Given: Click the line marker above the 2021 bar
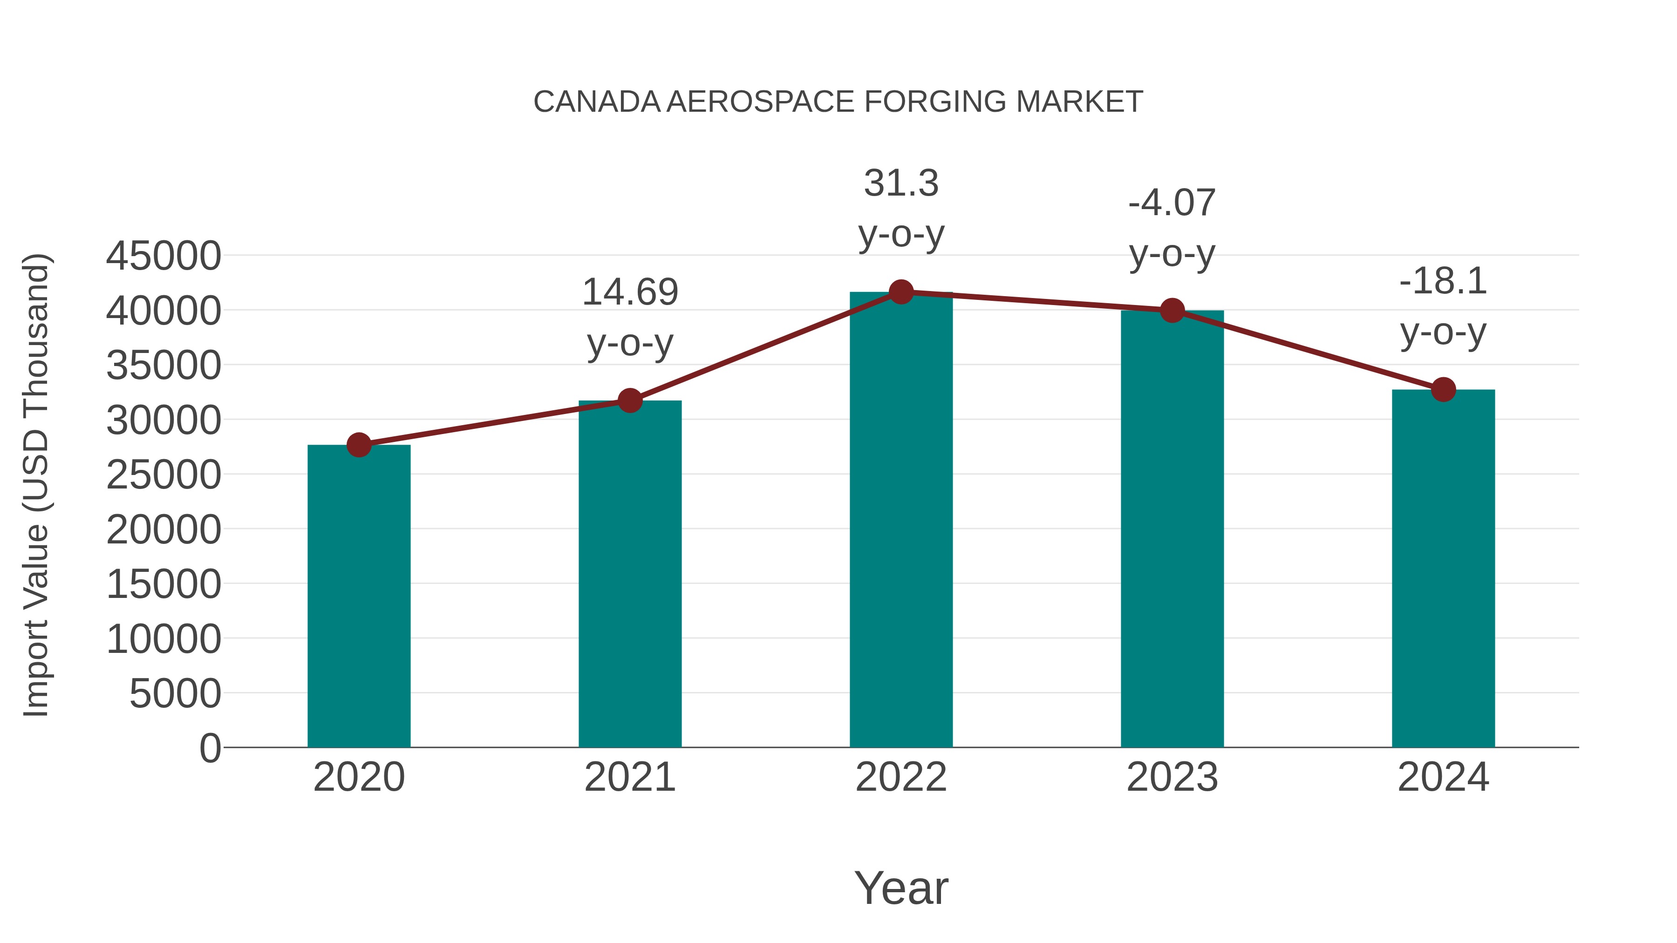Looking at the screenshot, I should (629, 400).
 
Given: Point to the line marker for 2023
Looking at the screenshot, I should (1172, 311).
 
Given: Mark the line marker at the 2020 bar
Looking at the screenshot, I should (359, 445).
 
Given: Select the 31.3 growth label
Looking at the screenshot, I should (901, 183).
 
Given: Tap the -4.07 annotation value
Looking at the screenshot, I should (1172, 203).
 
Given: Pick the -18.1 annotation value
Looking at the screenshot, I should (1443, 282).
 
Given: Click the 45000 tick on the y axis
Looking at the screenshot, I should (164, 256).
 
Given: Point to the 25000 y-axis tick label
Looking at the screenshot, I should (164, 475).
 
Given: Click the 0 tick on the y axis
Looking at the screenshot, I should (210, 748).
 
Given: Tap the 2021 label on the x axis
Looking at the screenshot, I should (629, 778).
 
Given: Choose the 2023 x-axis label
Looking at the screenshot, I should (1172, 778).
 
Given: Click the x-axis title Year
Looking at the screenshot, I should (901, 889).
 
